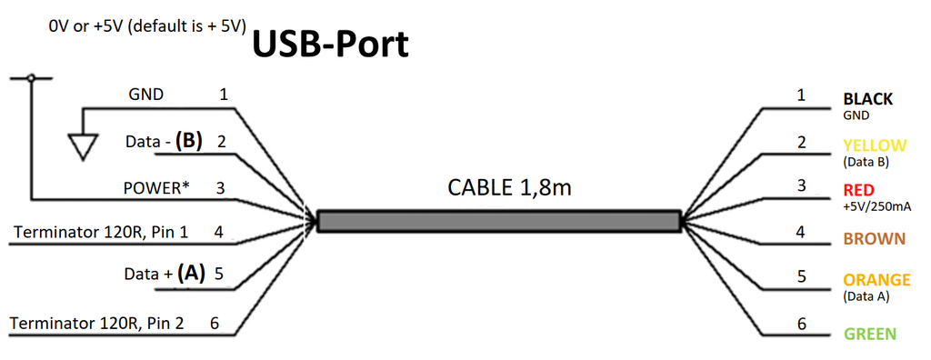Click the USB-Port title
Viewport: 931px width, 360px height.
coord(329,44)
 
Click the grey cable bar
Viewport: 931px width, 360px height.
coord(499,221)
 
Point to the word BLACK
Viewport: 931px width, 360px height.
coord(867,99)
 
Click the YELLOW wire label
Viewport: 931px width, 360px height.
coord(875,145)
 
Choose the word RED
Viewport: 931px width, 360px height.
coord(859,190)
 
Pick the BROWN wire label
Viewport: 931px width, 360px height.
coord(874,239)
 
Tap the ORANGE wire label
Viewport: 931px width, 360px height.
coord(876,280)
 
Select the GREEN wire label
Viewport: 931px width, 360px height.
coord(870,334)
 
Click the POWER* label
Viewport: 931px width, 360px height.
coord(156,188)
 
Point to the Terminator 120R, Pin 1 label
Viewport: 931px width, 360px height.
coord(101,232)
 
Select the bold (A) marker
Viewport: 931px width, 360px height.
coord(192,272)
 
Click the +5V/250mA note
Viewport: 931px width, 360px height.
coord(877,206)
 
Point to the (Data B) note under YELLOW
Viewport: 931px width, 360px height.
coord(866,163)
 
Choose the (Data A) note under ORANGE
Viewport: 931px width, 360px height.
coord(866,296)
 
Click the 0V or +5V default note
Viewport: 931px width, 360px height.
coord(147,26)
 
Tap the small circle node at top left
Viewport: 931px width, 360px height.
coord(31,79)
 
